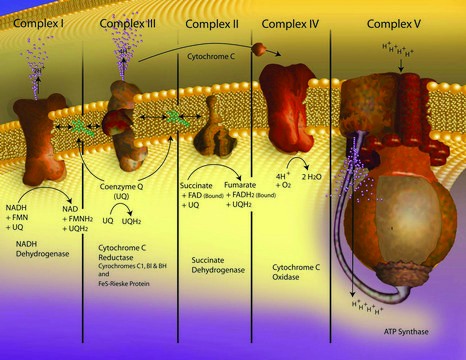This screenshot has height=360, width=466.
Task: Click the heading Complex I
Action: pyautogui.click(x=37, y=20)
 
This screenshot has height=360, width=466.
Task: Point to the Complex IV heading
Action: pyautogui.click(x=290, y=20)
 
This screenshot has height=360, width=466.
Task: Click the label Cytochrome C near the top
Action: pyautogui.click(x=217, y=57)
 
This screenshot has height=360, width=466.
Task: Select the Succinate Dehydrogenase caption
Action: pyautogui.click(x=206, y=242)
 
